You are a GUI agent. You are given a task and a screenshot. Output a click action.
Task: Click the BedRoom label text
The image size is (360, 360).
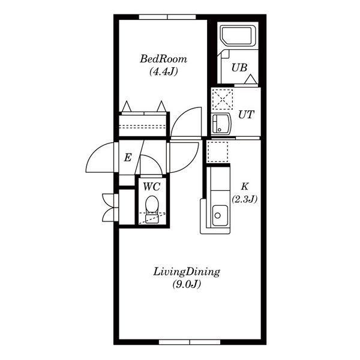coord(163,59)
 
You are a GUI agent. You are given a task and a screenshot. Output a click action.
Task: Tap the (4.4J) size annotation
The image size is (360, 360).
coord(164,71)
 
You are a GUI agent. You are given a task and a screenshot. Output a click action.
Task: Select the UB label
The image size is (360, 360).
coord(239,68)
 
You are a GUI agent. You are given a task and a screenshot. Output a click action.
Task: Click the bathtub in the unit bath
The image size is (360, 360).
coord(236,35)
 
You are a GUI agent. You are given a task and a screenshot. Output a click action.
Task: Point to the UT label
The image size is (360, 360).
coord(246,115)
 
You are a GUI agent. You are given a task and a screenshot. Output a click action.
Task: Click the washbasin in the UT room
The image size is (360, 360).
coord(221,123)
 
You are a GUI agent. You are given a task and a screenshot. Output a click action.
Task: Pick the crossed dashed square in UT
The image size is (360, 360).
coord(223,99)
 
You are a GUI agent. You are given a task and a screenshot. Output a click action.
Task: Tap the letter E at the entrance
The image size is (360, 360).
coord(128,158)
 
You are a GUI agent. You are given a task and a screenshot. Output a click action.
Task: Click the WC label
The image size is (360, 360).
coord(151,187)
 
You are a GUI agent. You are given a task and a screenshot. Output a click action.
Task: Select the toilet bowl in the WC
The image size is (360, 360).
coord(152,204)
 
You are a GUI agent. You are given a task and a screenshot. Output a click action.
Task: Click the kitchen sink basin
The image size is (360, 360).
coord(220,215)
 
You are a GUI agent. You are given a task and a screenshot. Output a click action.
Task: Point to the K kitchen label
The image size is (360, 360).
coord(245,187)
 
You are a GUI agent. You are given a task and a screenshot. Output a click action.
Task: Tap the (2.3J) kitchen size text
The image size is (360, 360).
coord(245,199)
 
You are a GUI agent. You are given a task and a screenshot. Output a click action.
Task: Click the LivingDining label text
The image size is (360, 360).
coord(187,272)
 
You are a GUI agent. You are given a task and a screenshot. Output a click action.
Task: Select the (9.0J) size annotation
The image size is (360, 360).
coord(187,284)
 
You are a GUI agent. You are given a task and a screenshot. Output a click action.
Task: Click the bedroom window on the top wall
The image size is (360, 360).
coord(167,17)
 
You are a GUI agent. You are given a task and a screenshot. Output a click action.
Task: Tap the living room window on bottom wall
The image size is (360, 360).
coord(190,343)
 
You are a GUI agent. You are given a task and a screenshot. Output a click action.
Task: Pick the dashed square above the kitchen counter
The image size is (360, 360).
coord(217,152)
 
